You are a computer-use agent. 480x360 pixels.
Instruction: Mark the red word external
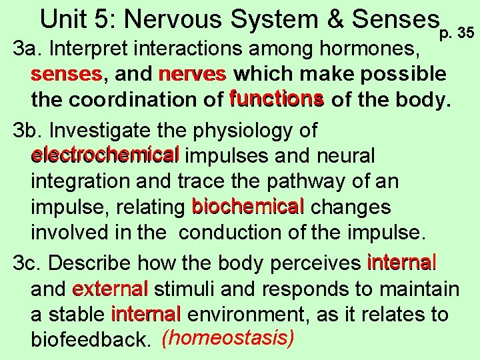[110, 289]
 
